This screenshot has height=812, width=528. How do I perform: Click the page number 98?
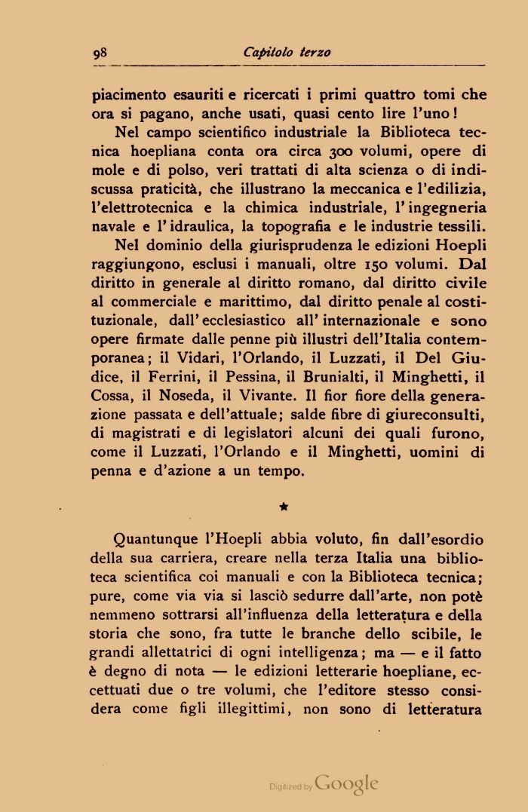(100, 53)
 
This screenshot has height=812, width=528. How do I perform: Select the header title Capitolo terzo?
(287, 53)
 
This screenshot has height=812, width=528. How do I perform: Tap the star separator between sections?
(284, 510)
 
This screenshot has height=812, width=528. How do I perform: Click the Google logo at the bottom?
(348, 783)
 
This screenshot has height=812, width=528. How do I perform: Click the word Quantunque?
(157, 541)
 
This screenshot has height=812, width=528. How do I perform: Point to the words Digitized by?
(290, 786)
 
